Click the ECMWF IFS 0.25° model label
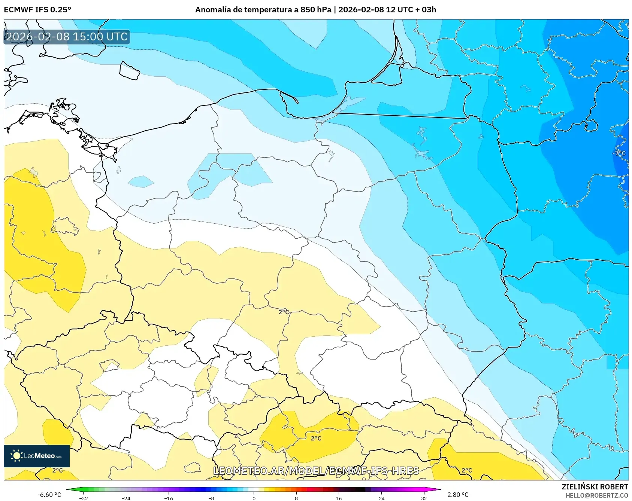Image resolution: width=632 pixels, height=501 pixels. click(x=37, y=10)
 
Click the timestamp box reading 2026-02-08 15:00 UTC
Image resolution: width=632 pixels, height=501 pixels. click(x=67, y=37)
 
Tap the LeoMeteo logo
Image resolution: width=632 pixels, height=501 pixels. click(x=37, y=456)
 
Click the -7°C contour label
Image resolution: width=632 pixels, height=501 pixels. click(x=619, y=153)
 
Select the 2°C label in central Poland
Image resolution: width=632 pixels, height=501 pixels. click(x=284, y=312)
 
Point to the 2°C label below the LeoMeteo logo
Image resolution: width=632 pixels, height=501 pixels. click(x=57, y=470)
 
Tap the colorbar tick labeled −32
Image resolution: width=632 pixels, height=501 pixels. click(x=84, y=498)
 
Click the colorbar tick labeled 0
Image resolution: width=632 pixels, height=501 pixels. click(x=254, y=498)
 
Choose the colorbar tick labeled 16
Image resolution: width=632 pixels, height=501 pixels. click(x=339, y=498)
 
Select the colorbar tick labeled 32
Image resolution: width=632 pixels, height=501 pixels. click(x=424, y=498)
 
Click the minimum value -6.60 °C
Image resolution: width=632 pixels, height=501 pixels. click(x=49, y=495)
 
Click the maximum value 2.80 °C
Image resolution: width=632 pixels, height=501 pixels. click(x=458, y=495)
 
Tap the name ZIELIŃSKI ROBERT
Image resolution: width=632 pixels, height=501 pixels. click(x=595, y=487)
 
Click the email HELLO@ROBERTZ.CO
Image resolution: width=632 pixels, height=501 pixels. click(x=596, y=495)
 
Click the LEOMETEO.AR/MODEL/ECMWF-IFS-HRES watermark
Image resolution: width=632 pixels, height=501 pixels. click(x=316, y=471)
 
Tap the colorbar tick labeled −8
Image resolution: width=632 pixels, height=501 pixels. click(x=211, y=498)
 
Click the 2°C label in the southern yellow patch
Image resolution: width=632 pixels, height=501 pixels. click(x=316, y=438)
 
